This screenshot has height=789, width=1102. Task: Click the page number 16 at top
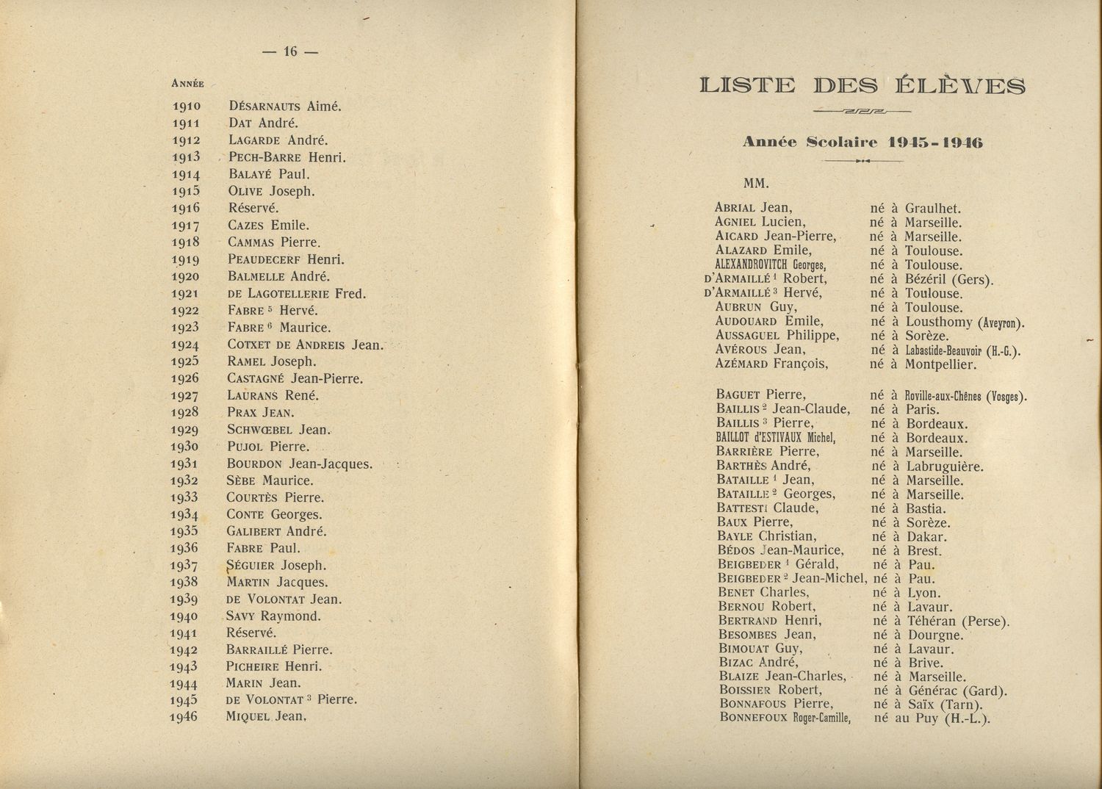click(289, 51)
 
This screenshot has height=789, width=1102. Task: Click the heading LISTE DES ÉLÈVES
click(862, 86)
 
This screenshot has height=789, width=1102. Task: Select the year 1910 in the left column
click(187, 106)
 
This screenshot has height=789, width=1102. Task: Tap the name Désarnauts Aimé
click(285, 106)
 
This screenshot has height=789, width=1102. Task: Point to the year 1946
click(184, 716)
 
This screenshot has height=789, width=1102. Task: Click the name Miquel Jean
click(265, 716)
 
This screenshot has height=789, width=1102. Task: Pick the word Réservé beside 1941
click(251, 633)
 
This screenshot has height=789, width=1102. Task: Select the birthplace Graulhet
click(933, 209)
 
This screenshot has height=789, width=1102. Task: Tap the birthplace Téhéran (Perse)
click(958, 621)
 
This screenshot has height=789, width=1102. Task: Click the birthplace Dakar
click(926, 537)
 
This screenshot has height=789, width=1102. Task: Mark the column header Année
click(187, 82)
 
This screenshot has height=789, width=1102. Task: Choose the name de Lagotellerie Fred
click(296, 294)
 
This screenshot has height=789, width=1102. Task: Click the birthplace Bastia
click(926, 508)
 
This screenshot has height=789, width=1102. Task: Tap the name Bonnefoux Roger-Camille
click(785, 718)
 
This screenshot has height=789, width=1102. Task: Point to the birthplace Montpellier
click(940, 364)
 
